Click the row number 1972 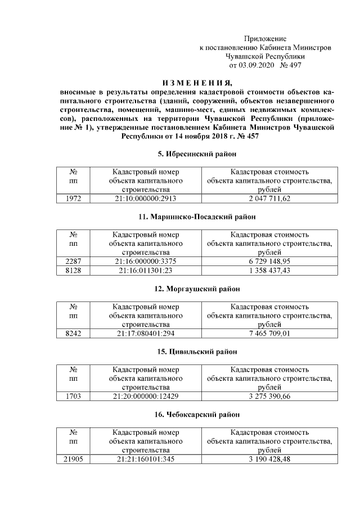pos(74,199)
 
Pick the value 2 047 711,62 pos(269,199)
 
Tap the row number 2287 pos(74,262)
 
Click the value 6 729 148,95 pos(269,262)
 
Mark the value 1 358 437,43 pos(269,271)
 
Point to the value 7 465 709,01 pos(269,334)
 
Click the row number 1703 pos(74,397)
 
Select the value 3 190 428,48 pos(269,460)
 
